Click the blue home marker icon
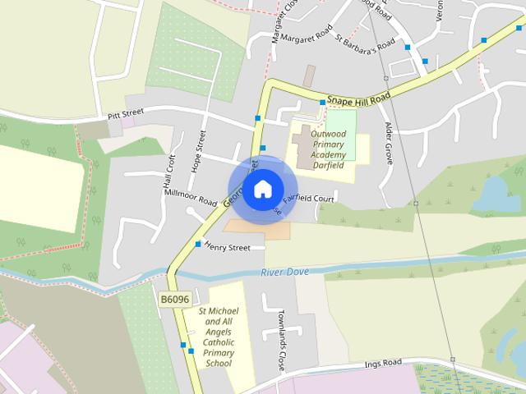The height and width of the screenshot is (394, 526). (x=262, y=189)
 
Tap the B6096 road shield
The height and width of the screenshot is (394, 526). (x=175, y=300)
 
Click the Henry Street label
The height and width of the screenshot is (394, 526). (x=227, y=246)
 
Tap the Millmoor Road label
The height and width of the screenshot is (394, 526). (x=190, y=197)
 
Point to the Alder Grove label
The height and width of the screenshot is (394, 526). (x=389, y=144)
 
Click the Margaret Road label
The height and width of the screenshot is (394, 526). (x=306, y=34)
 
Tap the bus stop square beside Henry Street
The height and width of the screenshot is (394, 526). (x=198, y=244)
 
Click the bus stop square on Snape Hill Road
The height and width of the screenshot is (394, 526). (x=322, y=102)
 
